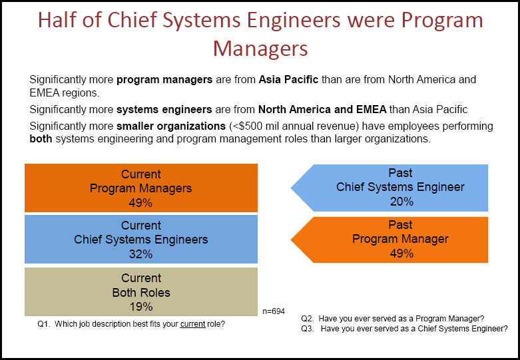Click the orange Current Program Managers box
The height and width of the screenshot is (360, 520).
(140, 188)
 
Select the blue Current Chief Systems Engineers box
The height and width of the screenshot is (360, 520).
(140, 239)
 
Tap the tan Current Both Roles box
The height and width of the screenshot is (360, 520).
(140, 291)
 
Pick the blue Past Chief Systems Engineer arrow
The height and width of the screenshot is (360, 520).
(393, 187)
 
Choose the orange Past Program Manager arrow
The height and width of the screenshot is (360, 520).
(393, 239)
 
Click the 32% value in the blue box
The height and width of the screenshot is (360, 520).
(140, 254)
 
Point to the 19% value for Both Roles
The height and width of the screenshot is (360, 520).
(140, 307)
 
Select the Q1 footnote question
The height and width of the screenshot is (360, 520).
(132, 325)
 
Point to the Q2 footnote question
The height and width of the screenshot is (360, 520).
(392, 318)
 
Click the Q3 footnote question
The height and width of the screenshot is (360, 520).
(404, 329)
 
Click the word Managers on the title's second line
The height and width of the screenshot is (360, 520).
(260, 49)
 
